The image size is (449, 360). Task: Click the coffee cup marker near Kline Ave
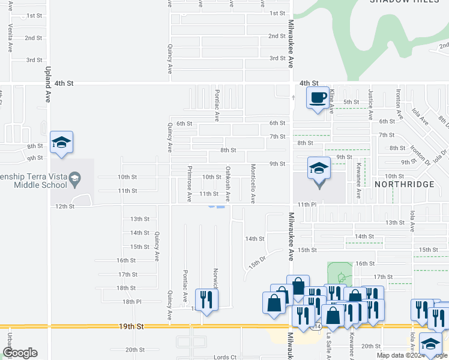pos(318,97)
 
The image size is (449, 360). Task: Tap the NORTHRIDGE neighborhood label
pos(404,184)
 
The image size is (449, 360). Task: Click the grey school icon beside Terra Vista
pos(74,177)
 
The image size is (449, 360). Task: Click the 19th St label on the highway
pos(135,327)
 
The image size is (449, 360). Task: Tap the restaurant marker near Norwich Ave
pos(206,299)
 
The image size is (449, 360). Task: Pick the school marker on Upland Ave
pos(61,142)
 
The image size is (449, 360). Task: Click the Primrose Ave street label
pos(189,184)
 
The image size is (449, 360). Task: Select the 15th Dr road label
pos(257,264)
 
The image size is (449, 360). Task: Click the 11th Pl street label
pos(307,205)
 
